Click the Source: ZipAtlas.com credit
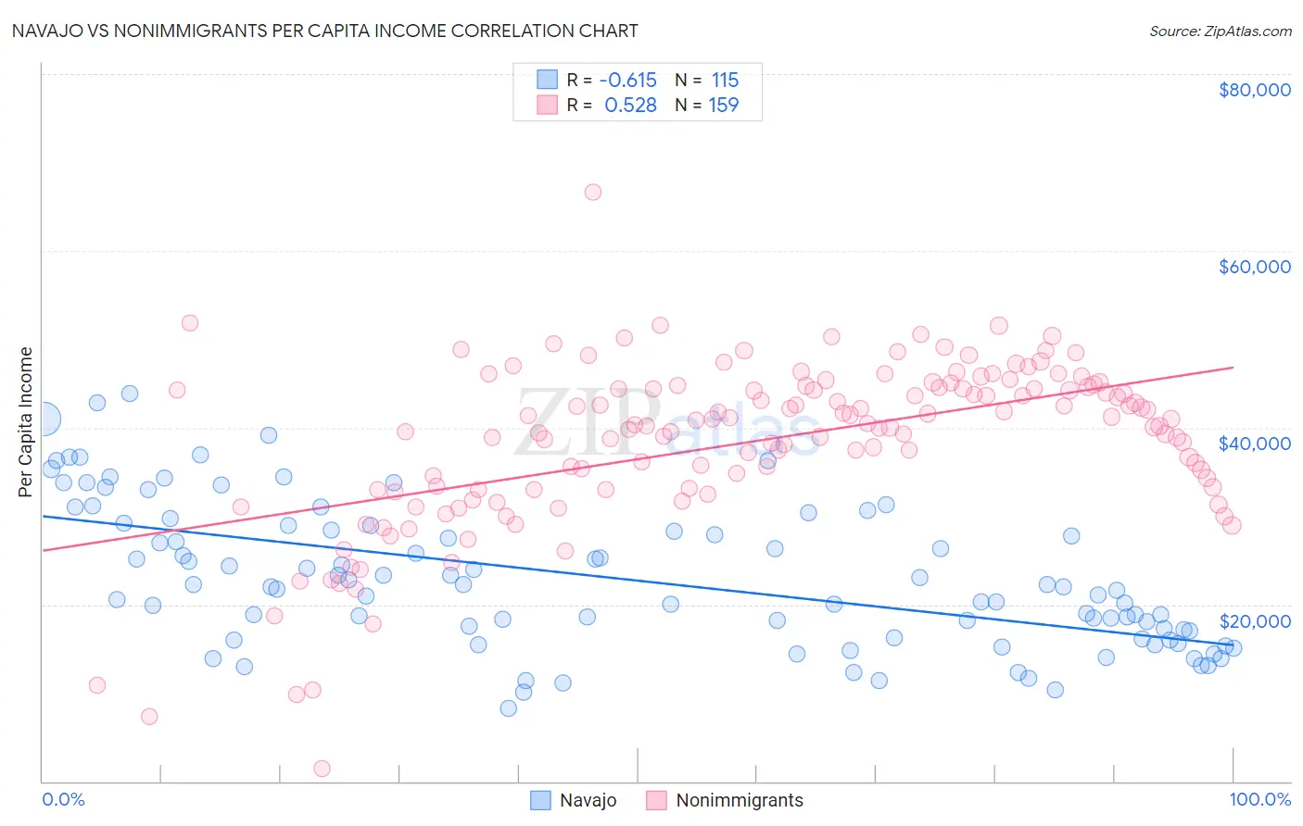[1220, 31]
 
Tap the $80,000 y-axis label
[1254, 90]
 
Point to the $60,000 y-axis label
[1254, 267]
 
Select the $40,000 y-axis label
[1254, 444]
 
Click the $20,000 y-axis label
[1254, 620]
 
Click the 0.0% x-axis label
[63, 799]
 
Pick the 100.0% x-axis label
[1259, 799]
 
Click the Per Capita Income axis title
[26, 421]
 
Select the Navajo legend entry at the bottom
[588, 800]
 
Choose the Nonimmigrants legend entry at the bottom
[739, 800]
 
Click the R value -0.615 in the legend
[627, 80]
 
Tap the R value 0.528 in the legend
[630, 105]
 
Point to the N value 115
[725, 80]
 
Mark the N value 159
[724, 105]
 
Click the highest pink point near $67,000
[593, 192]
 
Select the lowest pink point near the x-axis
[322, 769]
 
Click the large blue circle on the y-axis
[44, 419]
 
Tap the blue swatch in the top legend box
[548, 80]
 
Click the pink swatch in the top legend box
[548, 105]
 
